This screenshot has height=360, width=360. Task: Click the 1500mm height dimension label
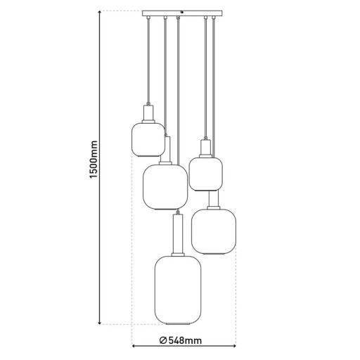point(92,169)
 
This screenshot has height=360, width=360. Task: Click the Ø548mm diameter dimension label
point(181,341)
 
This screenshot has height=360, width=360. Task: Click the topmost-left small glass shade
point(148,139)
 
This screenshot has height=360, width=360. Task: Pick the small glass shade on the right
point(206,174)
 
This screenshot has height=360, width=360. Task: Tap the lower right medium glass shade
point(214,231)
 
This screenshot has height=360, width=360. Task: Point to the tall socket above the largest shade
point(178,236)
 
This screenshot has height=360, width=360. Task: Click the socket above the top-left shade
point(148,112)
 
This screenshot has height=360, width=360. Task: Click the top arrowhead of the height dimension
point(100,14)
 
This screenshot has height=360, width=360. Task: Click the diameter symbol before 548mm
point(162,341)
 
